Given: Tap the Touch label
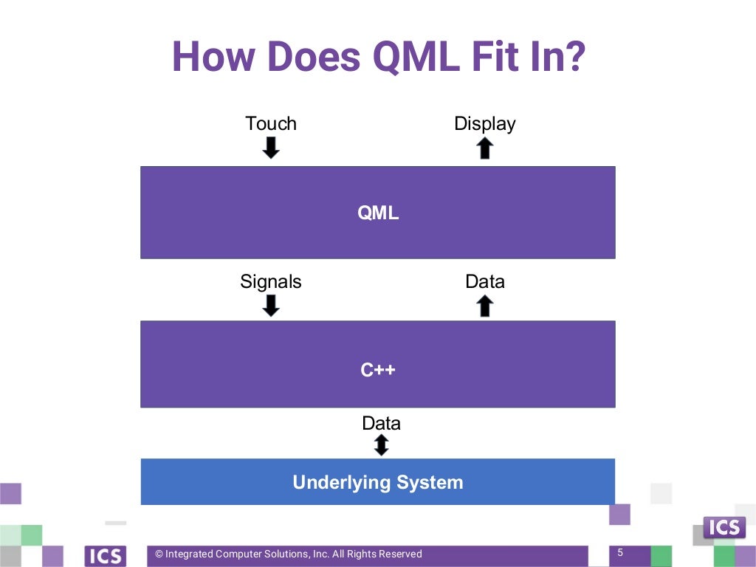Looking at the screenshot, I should click(271, 123).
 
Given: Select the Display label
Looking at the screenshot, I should click(484, 123).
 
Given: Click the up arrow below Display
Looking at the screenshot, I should click(484, 148).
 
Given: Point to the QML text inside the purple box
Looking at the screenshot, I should click(378, 213).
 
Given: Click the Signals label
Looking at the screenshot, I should click(271, 281).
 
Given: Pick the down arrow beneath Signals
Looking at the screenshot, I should click(271, 306).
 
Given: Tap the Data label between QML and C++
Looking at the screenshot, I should click(484, 281).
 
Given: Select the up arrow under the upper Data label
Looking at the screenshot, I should click(484, 306).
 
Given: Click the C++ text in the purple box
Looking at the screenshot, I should click(378, 369).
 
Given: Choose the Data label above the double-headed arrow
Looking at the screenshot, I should click(381, 423).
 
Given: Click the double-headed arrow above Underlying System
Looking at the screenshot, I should click(381, 444).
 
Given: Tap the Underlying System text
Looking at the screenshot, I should click(378, 483).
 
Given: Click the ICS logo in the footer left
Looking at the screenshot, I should click(106, 555).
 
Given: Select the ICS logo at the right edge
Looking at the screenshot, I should click(724, 528).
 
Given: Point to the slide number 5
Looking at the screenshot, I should click(620, 552).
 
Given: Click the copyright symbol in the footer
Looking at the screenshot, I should click(159, 554).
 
